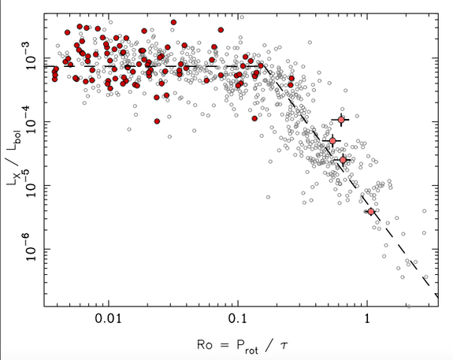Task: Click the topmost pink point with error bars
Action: (x=341, y=120)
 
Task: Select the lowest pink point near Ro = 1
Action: (x=371, y=212)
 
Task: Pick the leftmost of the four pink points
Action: (x=332, y=141)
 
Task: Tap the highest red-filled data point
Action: (x=173, y=23)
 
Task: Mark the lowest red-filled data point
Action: (x=158, y=121)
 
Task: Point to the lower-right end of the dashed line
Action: (x=436, y=292)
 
